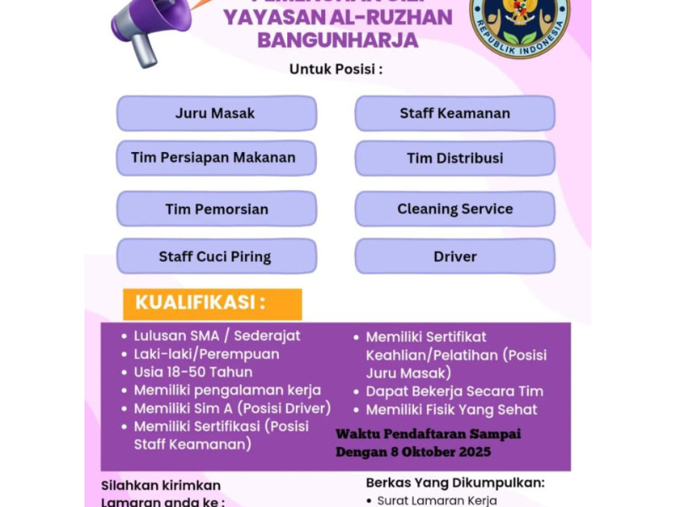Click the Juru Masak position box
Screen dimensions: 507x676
[x=216, y=113]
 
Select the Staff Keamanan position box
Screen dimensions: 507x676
[x=455, y=113]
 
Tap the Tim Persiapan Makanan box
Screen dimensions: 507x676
[x=216, y=158]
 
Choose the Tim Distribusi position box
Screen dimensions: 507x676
[x=455, y=158]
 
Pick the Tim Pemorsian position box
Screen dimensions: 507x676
[x=216, y=209]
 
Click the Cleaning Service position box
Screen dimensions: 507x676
[x=455, y=209]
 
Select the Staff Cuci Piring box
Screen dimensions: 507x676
[x=216, y=257]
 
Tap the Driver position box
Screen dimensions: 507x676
[x=455, y=257]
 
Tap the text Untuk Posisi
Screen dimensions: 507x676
[x=336, y=69]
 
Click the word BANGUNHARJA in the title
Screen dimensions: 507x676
[x=337, y=40]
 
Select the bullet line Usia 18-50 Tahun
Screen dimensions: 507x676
[x=193, y=372]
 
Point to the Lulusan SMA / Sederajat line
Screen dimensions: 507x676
[x=216, y=335]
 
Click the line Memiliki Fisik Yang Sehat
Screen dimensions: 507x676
[x=451, y=410]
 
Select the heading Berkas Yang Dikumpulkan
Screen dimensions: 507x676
[x=455, y=482]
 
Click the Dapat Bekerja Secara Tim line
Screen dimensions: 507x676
[x=455, y=391]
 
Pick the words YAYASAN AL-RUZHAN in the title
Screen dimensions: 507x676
[x=337, y=17]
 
